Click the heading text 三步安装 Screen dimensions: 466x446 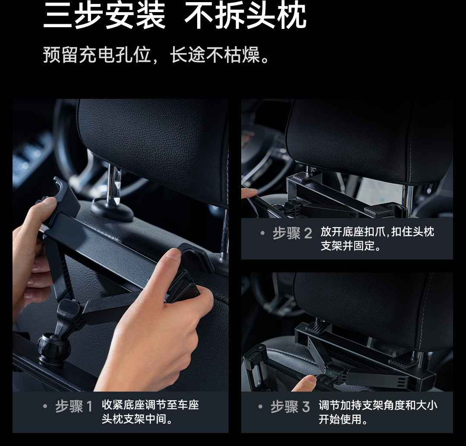(x=104, y=16)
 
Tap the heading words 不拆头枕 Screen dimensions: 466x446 (x=246, y=16)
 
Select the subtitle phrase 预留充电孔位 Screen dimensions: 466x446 (x=97, y=55)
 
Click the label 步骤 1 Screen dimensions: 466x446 (x=74, y=406)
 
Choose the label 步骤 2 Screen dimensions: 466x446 (x=293, y=234)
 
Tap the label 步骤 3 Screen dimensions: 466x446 (x=290, y=406)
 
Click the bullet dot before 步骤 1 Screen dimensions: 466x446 (x=45, y=406)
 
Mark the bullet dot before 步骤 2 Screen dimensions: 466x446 (x=262, y=233)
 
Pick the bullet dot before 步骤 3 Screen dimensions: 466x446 (x=261, y=406)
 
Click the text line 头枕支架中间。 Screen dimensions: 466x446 (x=137, y=419)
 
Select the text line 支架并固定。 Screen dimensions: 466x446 (x=351, y=246)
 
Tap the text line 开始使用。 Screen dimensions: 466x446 (x=343, y=419)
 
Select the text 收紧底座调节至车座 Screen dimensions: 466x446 (x=151, y=405)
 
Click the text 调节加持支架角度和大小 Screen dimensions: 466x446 (x=378, y=405)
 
